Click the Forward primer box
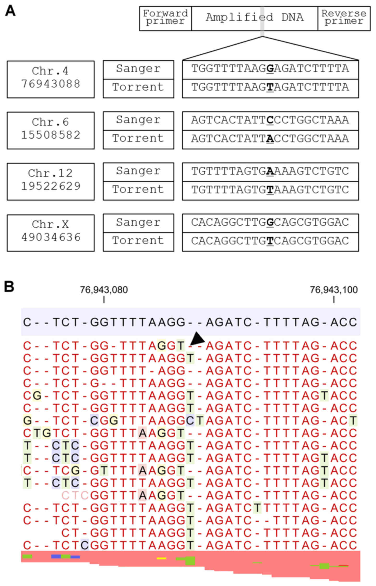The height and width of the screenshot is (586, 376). [165, 19]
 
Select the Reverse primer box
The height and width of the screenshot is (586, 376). [344, 19]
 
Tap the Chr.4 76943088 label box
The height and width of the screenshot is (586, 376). [51, 79]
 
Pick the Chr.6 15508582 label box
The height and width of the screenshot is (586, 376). [51, 131]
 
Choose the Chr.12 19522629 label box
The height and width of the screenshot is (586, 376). [51, 182]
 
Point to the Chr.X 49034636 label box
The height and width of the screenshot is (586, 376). [51, 233]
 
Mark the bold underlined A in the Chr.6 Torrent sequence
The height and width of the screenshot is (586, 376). [270, 139]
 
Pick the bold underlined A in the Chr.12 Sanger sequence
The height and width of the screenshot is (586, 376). [270, 171]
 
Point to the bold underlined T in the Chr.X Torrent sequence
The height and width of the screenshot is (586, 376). [270, 241]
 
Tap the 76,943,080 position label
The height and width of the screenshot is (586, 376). [104, 290]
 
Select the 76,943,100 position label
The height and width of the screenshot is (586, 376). [334, 290]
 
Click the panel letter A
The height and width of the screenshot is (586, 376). [10, 11]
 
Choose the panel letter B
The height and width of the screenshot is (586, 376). [9, 287]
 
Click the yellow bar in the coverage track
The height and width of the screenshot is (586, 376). [161, 558]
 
